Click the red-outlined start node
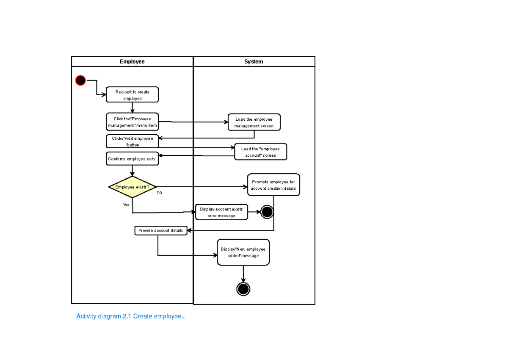80,80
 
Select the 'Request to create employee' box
132,95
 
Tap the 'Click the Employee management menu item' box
132,122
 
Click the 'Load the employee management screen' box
254,122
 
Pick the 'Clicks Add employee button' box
132,141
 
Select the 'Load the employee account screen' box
260,152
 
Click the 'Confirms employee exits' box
132,159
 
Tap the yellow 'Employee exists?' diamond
132,187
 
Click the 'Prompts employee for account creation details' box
273,185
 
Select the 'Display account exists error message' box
221,212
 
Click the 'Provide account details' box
160,230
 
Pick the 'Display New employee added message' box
243,252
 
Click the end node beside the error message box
267,212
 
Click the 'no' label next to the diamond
159,193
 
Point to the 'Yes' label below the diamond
126,204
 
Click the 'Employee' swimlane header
132,61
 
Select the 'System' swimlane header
254,61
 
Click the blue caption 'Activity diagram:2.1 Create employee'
130,316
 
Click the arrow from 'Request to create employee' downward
132,108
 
